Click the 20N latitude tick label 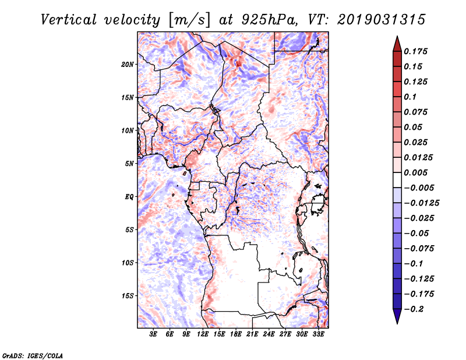(128, 64)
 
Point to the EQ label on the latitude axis (129, 197)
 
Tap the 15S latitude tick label (128, 296)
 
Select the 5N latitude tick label (129, 164)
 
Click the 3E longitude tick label (153, 335)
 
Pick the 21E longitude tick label (252, 335)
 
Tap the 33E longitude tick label (318, 335)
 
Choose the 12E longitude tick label (203, 335)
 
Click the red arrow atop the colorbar (397, 43)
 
